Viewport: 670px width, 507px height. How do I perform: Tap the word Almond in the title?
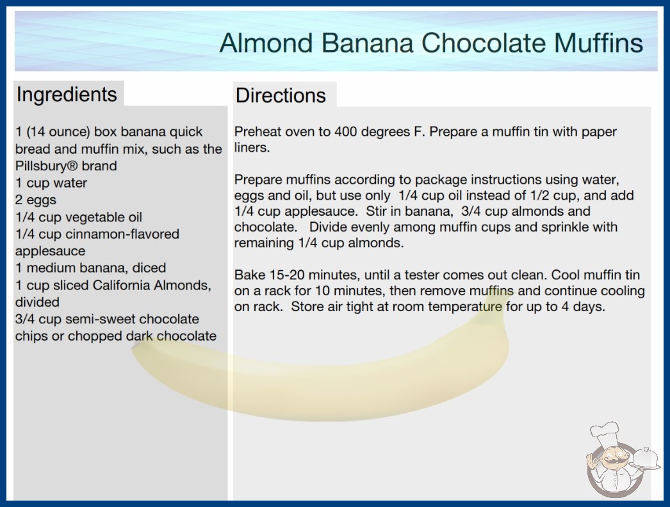[x=266, y=43]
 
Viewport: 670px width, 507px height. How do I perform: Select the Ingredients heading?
[x=66, y=95]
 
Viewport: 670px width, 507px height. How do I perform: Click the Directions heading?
[x=281, y=95]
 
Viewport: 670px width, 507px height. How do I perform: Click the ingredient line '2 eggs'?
[x=36, y=200]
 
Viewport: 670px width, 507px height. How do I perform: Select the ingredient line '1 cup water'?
[x=51, y=183]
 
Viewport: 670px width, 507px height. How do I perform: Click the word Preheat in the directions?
[x=257, y=132]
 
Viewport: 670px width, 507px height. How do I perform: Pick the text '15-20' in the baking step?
[x=287, y=275]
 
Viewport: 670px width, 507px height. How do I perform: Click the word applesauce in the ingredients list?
[x=50, y=251]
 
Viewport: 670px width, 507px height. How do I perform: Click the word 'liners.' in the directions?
[x=252, y=147]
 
